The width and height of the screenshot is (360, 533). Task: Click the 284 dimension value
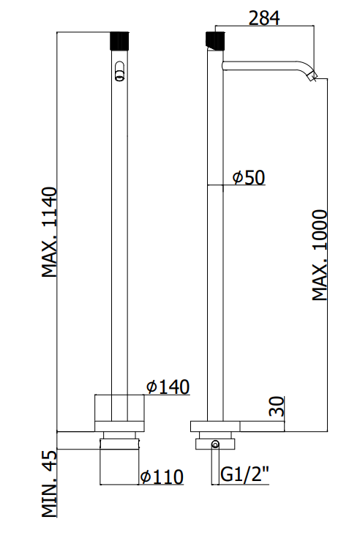264,18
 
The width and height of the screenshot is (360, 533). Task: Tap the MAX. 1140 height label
49,232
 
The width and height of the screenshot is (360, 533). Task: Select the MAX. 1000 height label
320,256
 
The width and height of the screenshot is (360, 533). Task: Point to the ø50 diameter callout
249,177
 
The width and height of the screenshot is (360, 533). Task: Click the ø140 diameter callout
168,387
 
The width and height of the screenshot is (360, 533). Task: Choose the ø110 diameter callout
162,477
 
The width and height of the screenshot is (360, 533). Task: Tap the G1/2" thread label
244,474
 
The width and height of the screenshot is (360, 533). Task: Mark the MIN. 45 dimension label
49,484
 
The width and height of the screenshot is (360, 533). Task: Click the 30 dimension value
276,406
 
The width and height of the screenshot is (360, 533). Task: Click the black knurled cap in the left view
120,41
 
